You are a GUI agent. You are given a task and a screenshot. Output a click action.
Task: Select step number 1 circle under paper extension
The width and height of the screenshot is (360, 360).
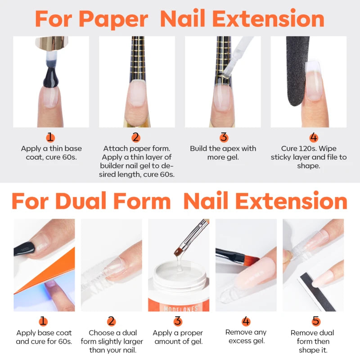click(50, 137)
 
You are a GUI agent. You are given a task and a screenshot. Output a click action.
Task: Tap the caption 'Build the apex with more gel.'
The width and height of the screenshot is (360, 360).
click(223, 153)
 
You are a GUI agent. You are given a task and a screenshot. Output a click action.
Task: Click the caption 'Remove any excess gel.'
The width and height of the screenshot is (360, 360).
click(246, 337)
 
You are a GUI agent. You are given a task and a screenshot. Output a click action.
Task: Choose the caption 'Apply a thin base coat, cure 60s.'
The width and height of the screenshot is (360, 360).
click(50, 153)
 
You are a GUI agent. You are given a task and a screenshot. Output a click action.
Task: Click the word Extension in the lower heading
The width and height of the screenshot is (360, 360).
click(265, 202)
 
